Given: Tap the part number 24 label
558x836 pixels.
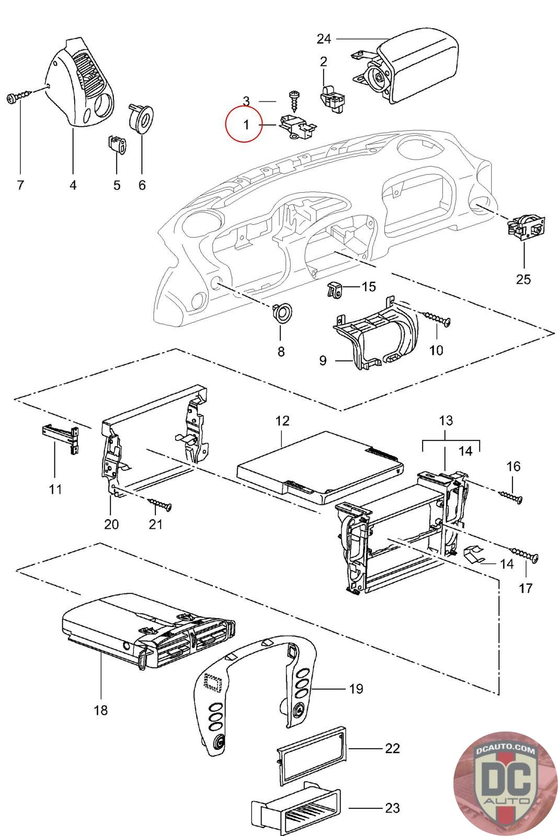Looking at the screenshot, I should [x=324, y=39].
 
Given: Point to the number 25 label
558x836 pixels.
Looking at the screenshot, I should [x=523, y=279].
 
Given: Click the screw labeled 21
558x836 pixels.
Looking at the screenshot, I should [x=160, y=504].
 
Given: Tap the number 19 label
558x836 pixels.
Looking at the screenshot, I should [x=356, y=689].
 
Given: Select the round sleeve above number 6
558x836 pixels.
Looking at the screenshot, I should [x=141, y=118].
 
